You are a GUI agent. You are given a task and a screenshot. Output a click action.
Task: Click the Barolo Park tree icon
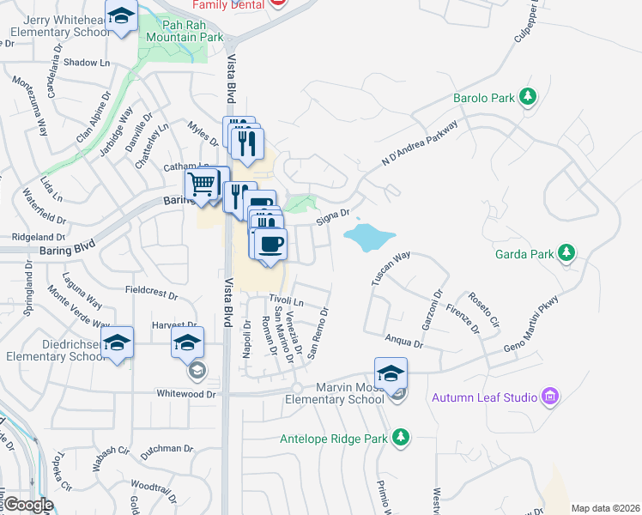530,97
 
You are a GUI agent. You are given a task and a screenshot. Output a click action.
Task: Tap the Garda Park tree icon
566,252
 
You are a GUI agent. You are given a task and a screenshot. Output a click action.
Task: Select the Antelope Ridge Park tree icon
400,439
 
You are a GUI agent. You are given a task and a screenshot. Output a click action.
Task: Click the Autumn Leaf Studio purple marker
550,397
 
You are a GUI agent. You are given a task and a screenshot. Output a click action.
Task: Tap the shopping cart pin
202,185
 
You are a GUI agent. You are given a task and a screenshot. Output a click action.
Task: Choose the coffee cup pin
270,244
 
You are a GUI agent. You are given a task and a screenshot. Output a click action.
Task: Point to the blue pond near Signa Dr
369,236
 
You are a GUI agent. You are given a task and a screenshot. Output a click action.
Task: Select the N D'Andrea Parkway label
421,142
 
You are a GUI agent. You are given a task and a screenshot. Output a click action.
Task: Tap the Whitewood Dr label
185,393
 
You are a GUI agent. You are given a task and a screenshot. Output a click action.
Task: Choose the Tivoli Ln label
287,301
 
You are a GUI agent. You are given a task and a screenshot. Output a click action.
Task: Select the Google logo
27,505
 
